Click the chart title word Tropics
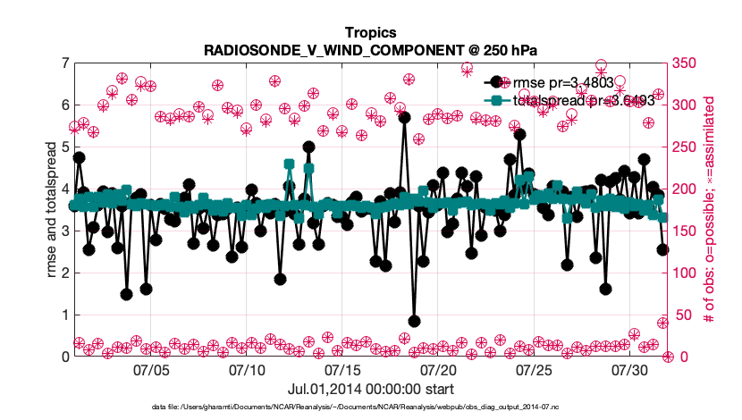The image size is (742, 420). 370,32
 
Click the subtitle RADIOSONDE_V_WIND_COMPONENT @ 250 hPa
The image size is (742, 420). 370,49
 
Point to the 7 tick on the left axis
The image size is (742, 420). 65,63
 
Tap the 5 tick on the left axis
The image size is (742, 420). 65,147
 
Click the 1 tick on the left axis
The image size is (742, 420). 65,315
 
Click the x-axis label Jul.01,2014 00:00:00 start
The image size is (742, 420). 370,389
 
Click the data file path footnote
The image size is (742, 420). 370,407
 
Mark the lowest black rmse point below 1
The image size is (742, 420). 414,321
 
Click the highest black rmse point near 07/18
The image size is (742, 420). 404,117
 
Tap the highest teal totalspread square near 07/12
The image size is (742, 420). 289,164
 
